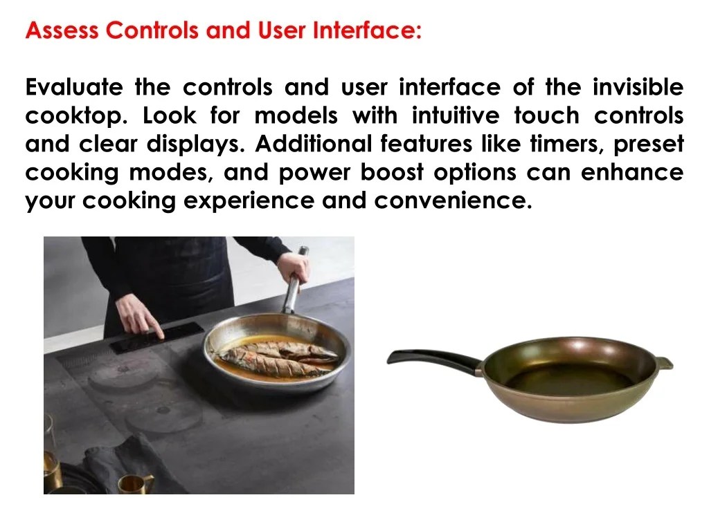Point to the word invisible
(638, 88)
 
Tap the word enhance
(631, 172)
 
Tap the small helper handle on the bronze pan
(665, 362)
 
